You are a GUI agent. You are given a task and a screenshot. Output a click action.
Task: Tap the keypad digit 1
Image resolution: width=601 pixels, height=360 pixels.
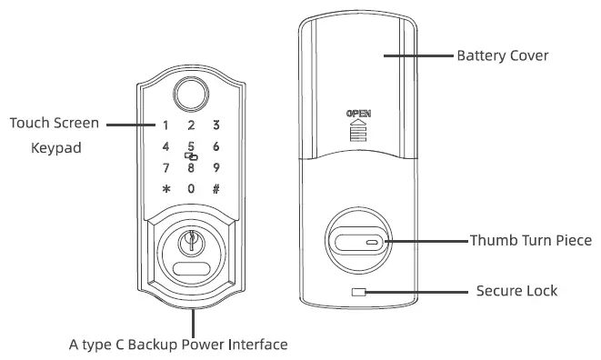click(x=165, y=125)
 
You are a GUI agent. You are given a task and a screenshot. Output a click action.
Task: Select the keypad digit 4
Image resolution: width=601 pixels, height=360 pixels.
click(x=165, y=146)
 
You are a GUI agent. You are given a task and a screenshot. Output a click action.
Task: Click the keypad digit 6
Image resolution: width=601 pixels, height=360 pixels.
click(x=216, y=146)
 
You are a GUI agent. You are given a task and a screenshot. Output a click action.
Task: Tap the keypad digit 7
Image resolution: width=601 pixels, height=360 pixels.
click(x=165, y=167)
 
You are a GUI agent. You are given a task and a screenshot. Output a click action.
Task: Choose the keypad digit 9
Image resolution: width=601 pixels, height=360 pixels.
click(x=216, y=167)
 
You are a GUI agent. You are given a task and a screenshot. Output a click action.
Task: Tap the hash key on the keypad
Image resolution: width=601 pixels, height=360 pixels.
click(x=216, y=189)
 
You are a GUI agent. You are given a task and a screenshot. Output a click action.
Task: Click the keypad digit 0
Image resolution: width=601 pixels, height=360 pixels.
click(x=191, y=189)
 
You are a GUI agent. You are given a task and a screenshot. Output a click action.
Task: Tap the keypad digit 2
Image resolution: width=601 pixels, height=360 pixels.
click(x=191, y=125)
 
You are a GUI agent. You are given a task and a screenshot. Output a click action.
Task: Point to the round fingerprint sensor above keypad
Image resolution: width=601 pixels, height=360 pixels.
click(x=191, y=96)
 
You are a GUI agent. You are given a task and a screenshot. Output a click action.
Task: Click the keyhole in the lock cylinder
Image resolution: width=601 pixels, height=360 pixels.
click(x=191, y=244)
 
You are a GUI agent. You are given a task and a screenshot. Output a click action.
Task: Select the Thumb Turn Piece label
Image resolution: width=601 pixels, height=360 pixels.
click(x=530, y=242)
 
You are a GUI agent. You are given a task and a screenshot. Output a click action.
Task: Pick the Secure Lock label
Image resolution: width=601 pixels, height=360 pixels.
click(x=516, y=292)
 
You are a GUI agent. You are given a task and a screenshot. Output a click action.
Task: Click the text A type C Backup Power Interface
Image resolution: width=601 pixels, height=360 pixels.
click(x=178, y=345)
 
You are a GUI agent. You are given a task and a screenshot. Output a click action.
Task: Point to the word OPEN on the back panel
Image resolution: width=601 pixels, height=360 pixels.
click(x=360, y=114)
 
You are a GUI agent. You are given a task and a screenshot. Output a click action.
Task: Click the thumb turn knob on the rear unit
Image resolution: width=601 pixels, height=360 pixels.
click(x=359, y=243)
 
